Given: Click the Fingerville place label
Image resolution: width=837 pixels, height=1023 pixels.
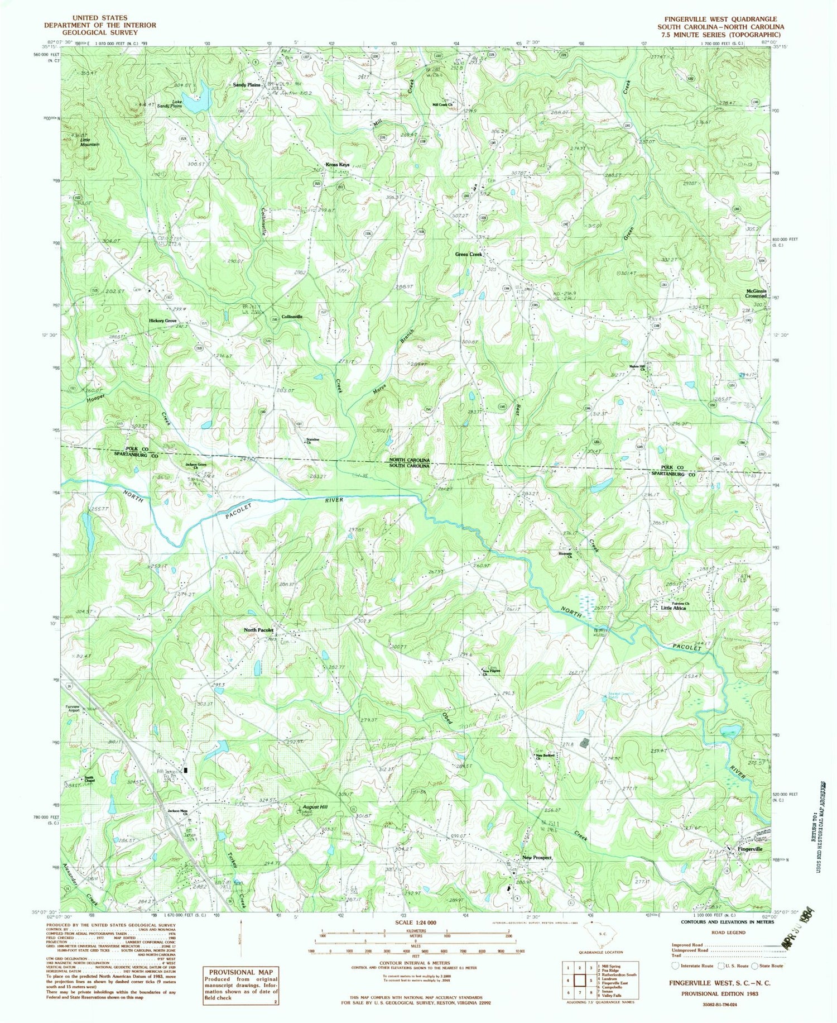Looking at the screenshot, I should [x=749, y=849].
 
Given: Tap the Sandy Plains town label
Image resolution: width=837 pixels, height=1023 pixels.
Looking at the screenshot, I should [x=247, y=85].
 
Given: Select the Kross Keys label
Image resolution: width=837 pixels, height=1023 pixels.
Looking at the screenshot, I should [x=338, y=165].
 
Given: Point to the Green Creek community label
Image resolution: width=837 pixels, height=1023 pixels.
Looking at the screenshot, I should [x=468, y=255].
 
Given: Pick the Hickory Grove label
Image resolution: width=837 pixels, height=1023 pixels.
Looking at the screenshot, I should [x=162, y=321].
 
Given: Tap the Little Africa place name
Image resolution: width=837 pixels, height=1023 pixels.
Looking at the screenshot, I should [x=673, y=608].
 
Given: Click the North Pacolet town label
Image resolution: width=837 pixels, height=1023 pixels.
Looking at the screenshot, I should [x=258, y=630].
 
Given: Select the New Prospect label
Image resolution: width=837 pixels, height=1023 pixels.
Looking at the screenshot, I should [x=537, y=857].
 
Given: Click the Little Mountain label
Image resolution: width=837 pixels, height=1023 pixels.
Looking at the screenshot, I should [x=90, y=142].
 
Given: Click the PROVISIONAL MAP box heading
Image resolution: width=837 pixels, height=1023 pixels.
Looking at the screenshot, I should [x=242, y=972].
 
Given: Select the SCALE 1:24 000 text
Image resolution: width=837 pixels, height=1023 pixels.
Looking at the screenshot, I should [x=415, y=923].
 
